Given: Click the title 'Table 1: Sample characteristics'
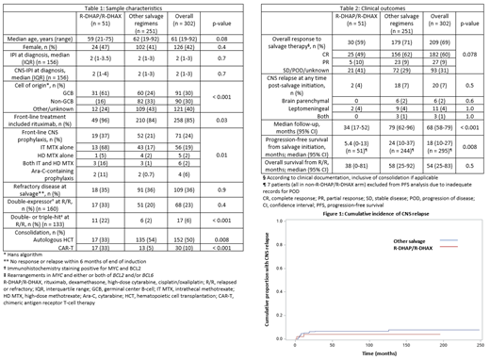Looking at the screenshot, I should [122, 7].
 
